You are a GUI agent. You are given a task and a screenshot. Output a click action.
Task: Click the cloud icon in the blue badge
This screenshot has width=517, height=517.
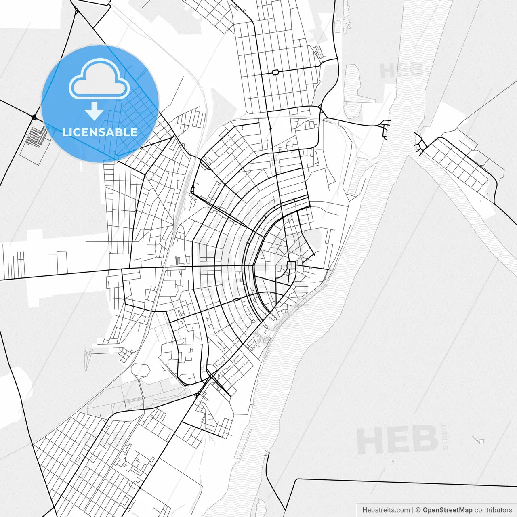coord(99,79)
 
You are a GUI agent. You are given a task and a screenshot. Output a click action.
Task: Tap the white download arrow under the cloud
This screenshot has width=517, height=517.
coord(95,111)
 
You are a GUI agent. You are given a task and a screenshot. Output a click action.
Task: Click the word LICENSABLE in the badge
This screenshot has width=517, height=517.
coord(100,132)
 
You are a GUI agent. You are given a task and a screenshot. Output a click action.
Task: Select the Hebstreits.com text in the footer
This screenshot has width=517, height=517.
coord(386,510)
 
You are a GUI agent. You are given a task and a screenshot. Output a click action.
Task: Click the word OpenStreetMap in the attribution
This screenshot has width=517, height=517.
coord(447,510)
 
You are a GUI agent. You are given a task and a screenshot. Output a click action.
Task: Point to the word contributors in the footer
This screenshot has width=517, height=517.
coord(493,510)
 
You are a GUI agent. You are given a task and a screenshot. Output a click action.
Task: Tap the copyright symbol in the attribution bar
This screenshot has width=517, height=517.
coord(418,510)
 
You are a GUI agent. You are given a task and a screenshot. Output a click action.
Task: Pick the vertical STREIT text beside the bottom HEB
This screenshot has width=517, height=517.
coord(445,436)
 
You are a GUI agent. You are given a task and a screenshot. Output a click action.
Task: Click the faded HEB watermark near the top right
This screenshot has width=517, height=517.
coord(402,71)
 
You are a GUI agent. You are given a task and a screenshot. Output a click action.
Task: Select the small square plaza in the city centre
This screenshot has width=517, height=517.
coord(291,265)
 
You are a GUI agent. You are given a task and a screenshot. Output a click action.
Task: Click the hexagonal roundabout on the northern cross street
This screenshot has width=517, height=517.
coord(275,72)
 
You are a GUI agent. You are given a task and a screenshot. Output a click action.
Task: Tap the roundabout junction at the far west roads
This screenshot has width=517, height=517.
coord(34,117)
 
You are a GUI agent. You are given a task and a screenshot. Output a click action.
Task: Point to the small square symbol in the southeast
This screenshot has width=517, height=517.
coord(481,441)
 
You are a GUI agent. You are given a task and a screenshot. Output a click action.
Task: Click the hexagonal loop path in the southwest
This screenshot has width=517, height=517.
coord(140,371)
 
